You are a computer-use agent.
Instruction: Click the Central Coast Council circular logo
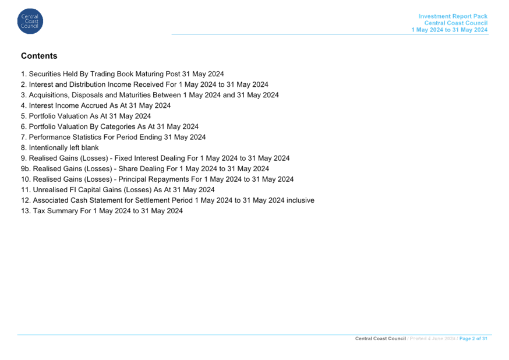point(30,22)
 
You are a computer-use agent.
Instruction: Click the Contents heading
point(39,56)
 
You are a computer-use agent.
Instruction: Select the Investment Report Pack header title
point(453,16)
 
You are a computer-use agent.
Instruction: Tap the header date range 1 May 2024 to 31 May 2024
point(450,30)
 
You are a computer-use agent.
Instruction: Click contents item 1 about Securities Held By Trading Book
point(122,74)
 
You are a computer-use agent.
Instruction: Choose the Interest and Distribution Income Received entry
point(144,84)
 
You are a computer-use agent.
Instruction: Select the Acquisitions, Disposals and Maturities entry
point(150,95)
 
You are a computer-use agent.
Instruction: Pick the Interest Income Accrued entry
point(96,105)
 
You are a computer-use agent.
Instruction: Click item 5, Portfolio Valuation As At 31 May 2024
point(86,116)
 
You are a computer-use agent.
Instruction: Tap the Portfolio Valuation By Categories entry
point(109,126)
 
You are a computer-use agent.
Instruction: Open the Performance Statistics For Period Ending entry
point(114,137)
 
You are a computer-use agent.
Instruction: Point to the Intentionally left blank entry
point(60,148)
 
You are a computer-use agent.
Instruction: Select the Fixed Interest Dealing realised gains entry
point(155,158)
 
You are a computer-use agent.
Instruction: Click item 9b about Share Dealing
point(145,169)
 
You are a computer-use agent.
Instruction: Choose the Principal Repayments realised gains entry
point(157,179)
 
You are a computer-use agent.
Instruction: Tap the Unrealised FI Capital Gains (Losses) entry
point(118,189)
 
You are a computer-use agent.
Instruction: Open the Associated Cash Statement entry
point(168,200)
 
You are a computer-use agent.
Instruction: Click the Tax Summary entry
point(102,211)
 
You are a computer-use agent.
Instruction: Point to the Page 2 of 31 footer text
point(473,338)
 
